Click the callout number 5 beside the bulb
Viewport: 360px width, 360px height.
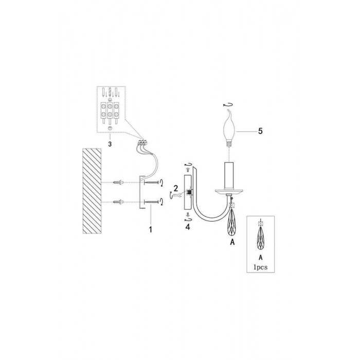click(x=260, y=131)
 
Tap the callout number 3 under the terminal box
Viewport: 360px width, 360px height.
click(x=110, y=144)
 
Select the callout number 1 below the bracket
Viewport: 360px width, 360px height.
click(x=150, y=229)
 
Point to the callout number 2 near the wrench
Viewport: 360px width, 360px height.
click(x=176, y=189)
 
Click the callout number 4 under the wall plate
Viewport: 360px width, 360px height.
click(x=188, y=227)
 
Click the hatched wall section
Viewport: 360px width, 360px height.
click(x=92, y=191)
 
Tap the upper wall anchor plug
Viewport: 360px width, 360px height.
click(x=118, y=183)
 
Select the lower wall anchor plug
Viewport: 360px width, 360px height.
click(x=118, y=202)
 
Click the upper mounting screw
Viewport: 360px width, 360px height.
click(x=152, y=183)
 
